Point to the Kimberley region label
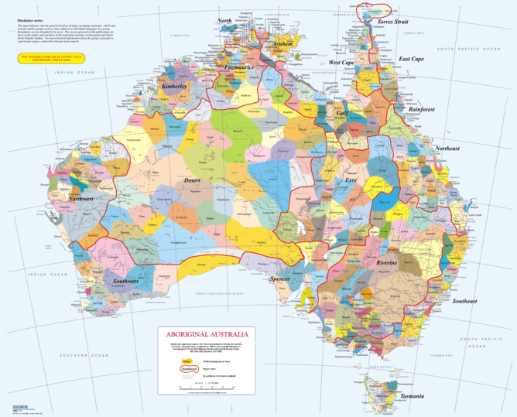pyautogui.click(x=174, y=87)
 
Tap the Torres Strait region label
pyautogui.click(x=392, y=23)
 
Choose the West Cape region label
pyautogui.click(x=341, y=62)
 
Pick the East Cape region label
pyautogui.click(x=411, y=59)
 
